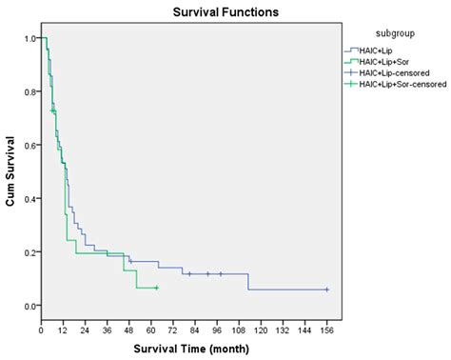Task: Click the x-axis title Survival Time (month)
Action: pyautogui.click(x=186, y=347)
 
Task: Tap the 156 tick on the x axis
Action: pyautogui.click(x=327, y=329)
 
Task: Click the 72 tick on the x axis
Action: pyautogui.click(x=173, y=329)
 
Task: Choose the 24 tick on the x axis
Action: pyautogui.click(x=85, y=329)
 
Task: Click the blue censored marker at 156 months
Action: pyautogui.click(x=327, y=290)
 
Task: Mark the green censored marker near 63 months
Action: pyautogui.click(x=156, y=288)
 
